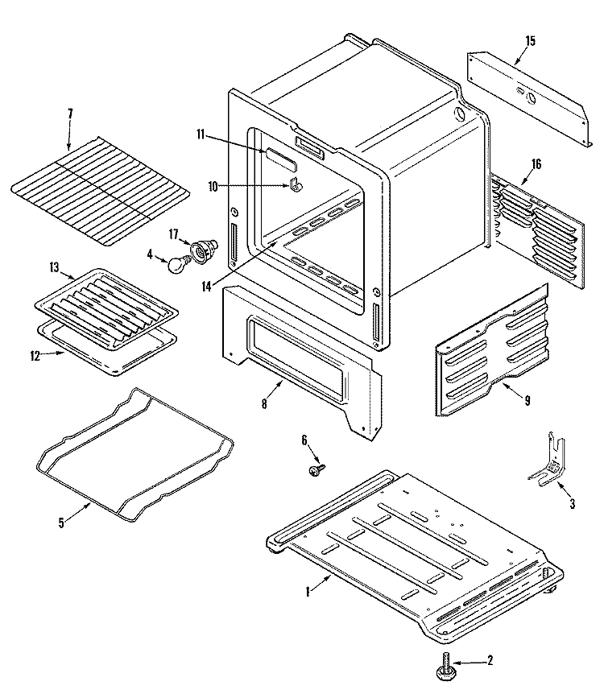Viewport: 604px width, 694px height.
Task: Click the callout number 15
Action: click(530, 40)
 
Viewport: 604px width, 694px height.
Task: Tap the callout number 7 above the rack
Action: click(70, 114)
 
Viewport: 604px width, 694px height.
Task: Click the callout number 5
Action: click(61, 522)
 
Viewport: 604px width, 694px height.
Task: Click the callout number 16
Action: click(536, 164)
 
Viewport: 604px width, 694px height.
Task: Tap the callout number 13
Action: click(54, 266)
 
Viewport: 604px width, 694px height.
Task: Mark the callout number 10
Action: click(213, 186)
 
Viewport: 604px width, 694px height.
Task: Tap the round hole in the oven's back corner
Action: click(461, 114)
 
